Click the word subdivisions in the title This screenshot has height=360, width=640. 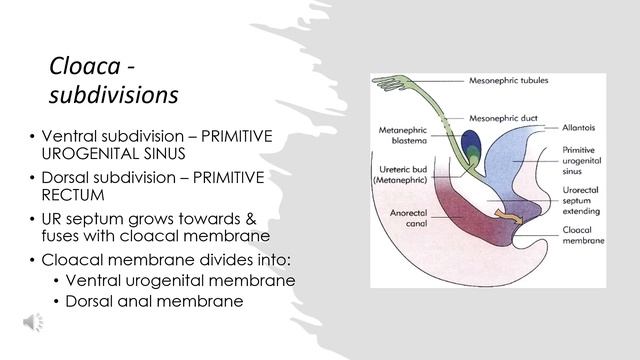(x=113, y=95)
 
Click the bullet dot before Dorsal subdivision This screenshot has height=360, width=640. (x=33, y=177)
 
